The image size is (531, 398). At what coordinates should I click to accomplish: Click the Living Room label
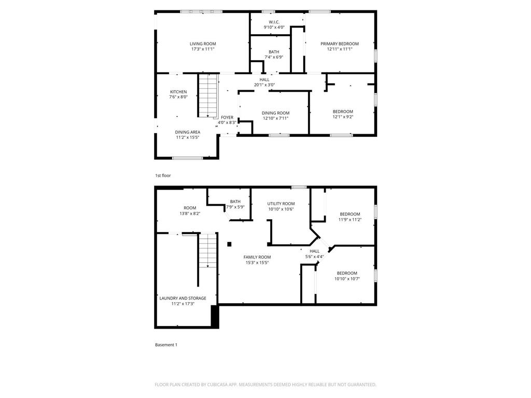click(x=202, y=44)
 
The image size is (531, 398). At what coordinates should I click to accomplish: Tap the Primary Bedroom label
click(x=339, y=44)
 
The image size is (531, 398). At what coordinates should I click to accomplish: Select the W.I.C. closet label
click(x=274, y=22)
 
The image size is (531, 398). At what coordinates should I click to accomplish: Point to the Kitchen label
click(x=178, y=92)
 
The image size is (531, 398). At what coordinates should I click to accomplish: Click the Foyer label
click(x=227, y=118)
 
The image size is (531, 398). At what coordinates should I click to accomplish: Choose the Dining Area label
click(x=187, y=132)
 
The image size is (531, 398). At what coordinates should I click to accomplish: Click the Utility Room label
click(x=281, y=204)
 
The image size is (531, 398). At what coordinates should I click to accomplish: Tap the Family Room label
click(x=257, y=257)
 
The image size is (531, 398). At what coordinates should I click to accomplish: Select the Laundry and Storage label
click(x=183, y=298)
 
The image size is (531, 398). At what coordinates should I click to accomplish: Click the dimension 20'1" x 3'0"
click(x=264, y=85)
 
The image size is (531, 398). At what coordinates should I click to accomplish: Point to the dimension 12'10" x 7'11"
click(x=275, y=118)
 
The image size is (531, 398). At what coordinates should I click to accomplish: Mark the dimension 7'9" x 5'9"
click(x=235, y=207)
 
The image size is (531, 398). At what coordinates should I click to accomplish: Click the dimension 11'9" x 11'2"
click(x=350, y=220)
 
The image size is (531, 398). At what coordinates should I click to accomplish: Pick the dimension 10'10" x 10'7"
click(x=347, y=279)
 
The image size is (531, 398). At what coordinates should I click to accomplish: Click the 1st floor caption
click(x=163, y=176)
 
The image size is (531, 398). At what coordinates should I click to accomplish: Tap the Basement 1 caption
click(x=166, y=345)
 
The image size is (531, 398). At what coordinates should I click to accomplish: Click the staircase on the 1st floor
click(x=207, y=96)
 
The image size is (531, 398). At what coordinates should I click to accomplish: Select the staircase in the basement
click(x=207, y=250)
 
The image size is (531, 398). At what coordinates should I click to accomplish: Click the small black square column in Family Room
click(x=229, y=244)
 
